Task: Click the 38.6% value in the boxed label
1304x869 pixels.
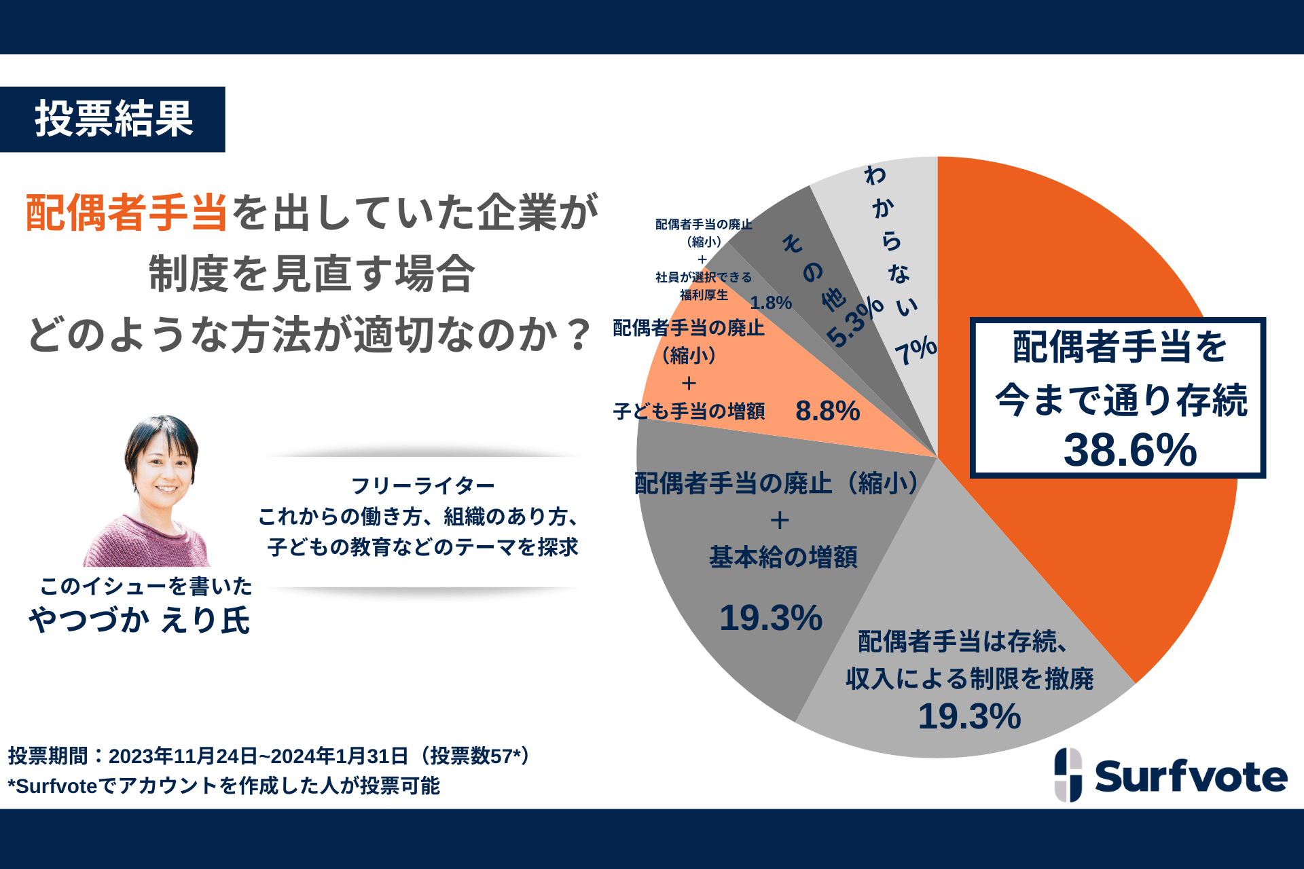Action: (1129, 450)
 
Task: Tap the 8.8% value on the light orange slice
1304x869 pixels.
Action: (827, 411)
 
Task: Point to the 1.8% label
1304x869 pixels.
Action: (771, 303)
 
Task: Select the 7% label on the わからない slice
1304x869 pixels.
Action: (916, 350)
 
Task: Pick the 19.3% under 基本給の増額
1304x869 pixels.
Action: (770, 618)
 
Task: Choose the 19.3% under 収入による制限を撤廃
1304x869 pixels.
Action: (969, 716)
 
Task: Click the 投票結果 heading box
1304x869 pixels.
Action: (113, 119)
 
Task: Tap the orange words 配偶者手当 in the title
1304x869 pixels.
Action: (127, 212)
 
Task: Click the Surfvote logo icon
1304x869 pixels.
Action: (1068, 775)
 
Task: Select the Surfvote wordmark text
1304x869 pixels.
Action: (1191, 777)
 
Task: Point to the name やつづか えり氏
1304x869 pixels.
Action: (139, 620)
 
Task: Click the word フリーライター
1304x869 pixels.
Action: (422, 485)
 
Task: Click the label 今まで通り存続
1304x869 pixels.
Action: (1121, 400)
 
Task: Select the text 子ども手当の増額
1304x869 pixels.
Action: (689, 411)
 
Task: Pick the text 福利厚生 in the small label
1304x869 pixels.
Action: (704, 295)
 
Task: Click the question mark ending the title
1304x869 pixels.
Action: (579, 335)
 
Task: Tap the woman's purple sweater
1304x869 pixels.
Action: (146, 543)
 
